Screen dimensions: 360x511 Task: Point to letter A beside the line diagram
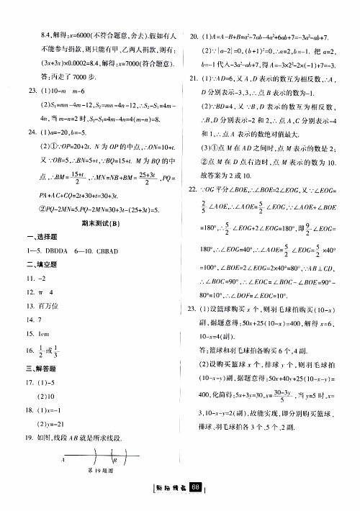pyautogui.click(x=64, y=460)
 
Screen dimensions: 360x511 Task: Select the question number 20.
pyautogui.click(x=193, y=34)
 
